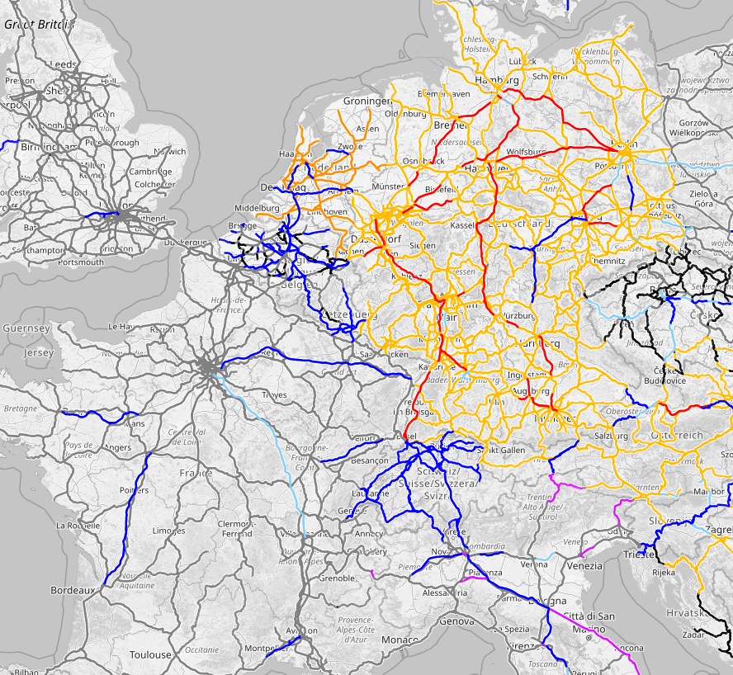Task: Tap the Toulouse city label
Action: click(150, 654)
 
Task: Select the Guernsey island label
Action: click(27, 328)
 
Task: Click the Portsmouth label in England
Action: click(81, 262)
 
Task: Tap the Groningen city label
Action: click(366, 101)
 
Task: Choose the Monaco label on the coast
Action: click(400, 640)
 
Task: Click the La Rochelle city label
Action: click(78, 525)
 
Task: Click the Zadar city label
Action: click(693, 635)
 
